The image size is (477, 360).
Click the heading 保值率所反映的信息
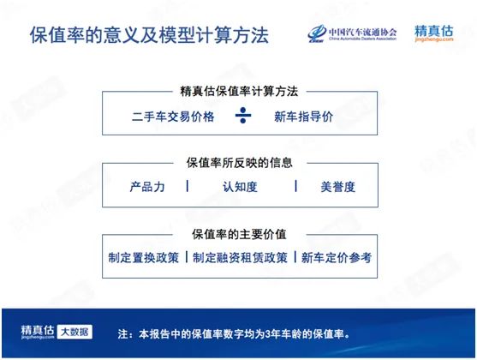coord(239,161)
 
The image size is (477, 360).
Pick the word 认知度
coord(239,186)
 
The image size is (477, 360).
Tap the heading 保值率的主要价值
coord(239,233)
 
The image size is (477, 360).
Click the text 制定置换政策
coord(144,256)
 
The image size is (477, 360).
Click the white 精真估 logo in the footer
coord(39,331)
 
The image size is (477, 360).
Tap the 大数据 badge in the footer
coord(76,332)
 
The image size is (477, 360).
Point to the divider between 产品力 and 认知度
coord(188,186)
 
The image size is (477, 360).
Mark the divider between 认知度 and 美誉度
coord(295,186)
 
